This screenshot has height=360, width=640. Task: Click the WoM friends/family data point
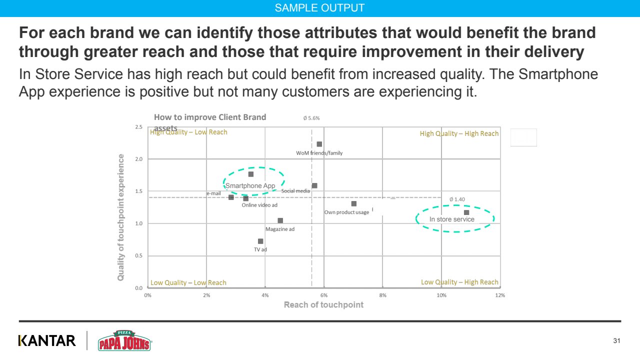[319, 144]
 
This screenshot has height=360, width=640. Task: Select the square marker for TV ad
[260, 241]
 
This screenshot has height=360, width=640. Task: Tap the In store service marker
[466, 212]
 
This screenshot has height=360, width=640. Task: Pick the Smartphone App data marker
[251, 174]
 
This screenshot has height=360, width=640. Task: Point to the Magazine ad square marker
[280, 220]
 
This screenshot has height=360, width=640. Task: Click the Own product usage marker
[354, 203]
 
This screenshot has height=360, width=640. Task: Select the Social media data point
[314, 185]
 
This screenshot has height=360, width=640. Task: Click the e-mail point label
[213, 193]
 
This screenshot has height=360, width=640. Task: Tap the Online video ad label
[259, 205]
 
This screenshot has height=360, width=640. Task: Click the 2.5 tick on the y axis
[138, 127]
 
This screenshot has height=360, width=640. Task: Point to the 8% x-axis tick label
[382, 295]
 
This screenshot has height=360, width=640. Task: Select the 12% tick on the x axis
[500, 295]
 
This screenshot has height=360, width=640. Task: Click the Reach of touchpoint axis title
[323, 305]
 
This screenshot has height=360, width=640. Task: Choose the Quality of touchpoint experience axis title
[121, 217]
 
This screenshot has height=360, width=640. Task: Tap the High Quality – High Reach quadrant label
[459, 133]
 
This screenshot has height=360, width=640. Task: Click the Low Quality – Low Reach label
[188, 282]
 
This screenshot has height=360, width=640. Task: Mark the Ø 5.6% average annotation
[311, 118]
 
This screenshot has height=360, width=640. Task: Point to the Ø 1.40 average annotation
[457, 199]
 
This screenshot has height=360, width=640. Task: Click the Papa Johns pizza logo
[124, 340]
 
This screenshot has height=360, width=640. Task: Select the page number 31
[616, 341]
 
